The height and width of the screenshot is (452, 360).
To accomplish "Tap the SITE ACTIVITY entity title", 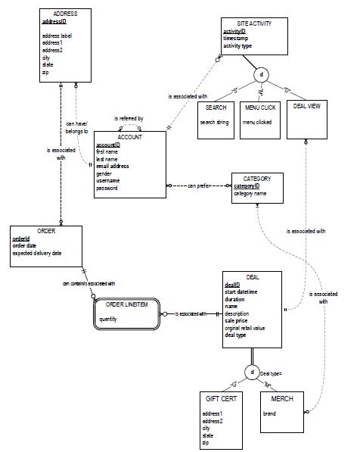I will (254, 23).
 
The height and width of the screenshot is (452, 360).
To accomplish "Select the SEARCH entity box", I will (216, 117).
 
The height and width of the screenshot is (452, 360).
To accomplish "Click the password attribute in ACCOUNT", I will (107, 188).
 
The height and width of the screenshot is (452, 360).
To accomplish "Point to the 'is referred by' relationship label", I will (130, 119).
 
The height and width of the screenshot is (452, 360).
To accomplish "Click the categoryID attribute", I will (248, 185).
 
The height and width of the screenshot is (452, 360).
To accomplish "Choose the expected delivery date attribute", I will (37, 253).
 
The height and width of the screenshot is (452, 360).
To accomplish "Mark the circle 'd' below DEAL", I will (251, 372).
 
